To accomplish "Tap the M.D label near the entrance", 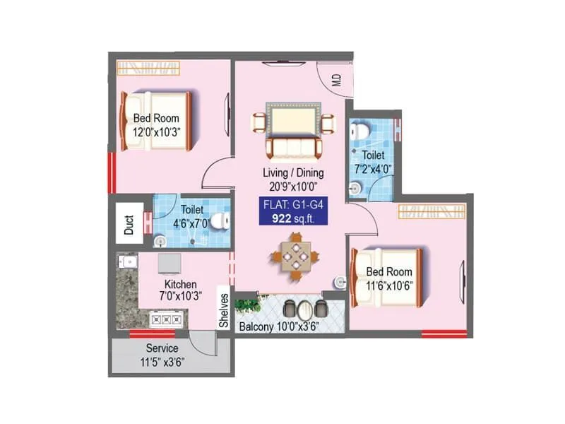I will [x=336, y=78].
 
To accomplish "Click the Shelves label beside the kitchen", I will [x=224, y=311].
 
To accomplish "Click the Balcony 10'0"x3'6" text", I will [x=279, y=327].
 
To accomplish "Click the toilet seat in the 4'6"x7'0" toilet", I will [x=220, y=220].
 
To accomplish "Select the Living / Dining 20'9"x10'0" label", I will [x=293, y=179].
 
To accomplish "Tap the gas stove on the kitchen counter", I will [x=156, y=319].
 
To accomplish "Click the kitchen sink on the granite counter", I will [x=127, y=264].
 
